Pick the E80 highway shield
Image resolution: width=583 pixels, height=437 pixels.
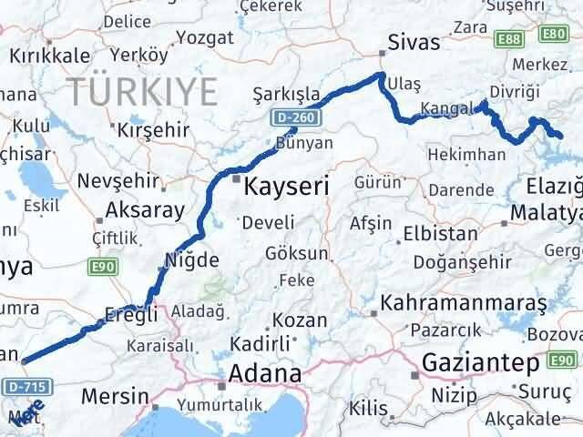point(553,34)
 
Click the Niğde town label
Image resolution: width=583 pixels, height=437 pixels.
point(192,260)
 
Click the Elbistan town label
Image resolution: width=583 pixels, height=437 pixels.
point(440,233)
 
